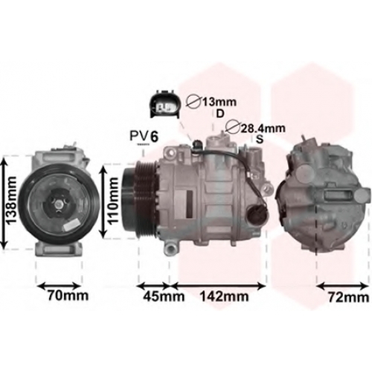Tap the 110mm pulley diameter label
tap(113, 201)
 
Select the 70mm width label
tap(68, 295)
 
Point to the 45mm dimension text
tap(164, 296)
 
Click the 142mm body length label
tap(224, 296)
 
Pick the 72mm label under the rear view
tap(349, 298)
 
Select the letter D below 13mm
tap(220, 114)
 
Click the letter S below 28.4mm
tap(260, 140)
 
